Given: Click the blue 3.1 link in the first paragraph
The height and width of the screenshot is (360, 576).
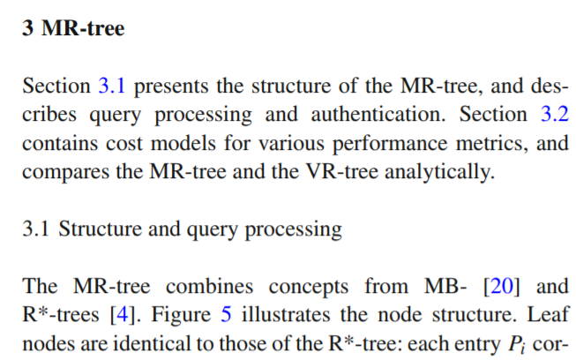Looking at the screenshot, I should [110, 86].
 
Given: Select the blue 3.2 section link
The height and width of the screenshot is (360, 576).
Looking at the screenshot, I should [554, 115].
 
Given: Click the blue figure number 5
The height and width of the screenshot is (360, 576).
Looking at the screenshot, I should [225, 315].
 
